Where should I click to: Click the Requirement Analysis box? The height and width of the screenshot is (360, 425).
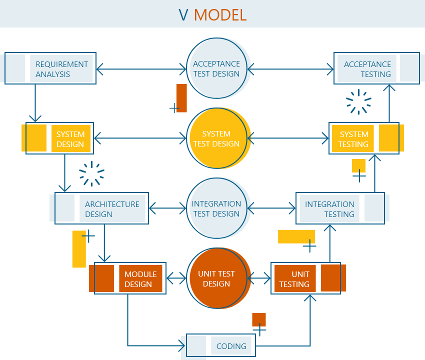tap(61, 69)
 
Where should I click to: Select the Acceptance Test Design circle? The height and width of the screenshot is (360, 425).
tap(216, 68)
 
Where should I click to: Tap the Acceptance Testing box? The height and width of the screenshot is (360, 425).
tap(367, 69)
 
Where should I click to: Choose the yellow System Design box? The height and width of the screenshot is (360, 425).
tap(70, 139)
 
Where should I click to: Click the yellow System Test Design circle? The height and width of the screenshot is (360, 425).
tap(216, 138)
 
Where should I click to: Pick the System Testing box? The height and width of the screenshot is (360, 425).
tap(353, 139)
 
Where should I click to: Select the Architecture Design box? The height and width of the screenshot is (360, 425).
tap(112, 209)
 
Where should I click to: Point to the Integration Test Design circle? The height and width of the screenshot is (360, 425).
tap(216, 208)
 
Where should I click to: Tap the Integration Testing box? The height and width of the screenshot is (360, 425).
tap(329, 209)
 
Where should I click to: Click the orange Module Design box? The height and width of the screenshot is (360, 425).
tap(140, 279)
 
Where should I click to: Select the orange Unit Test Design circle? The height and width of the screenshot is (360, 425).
tap(216, 278)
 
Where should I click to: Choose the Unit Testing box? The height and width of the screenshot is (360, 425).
tap(294, 279)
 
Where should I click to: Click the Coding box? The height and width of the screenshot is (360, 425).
tap(231, 346)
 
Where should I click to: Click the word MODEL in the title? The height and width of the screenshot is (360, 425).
tap(220, 14)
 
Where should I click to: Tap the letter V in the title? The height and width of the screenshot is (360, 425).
tap(183, 14)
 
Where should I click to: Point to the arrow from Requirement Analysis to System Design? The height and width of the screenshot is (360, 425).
tap(35, 102)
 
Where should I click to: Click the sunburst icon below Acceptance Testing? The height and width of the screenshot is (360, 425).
tap(359, 102)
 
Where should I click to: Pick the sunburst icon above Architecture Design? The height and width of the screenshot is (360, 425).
tap(92, 173)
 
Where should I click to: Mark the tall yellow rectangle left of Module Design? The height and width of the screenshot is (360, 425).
tap(79, 249)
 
